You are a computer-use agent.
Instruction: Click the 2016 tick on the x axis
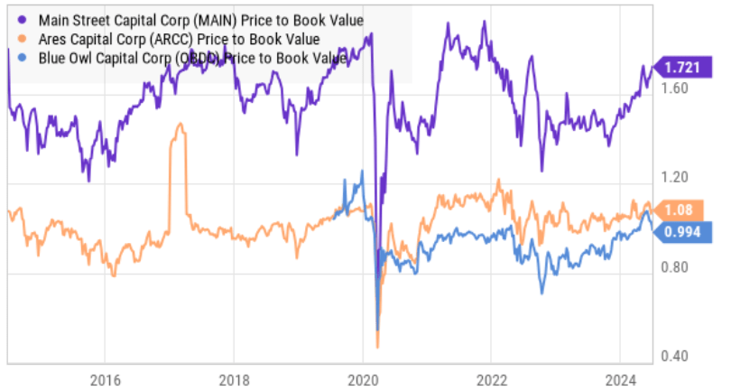point(105,378)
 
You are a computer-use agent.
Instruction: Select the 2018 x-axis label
point(234,378)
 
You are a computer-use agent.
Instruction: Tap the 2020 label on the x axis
point(362,378)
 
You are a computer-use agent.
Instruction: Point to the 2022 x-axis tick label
point(491,378)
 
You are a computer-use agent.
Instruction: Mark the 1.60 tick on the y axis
point(675,88)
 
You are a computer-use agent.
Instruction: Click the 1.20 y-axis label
point(675,178)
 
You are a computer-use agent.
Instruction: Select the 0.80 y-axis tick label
point(675,267)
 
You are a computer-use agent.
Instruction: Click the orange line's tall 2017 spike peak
point(180,126)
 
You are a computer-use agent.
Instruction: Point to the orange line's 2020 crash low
point(376,345)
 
